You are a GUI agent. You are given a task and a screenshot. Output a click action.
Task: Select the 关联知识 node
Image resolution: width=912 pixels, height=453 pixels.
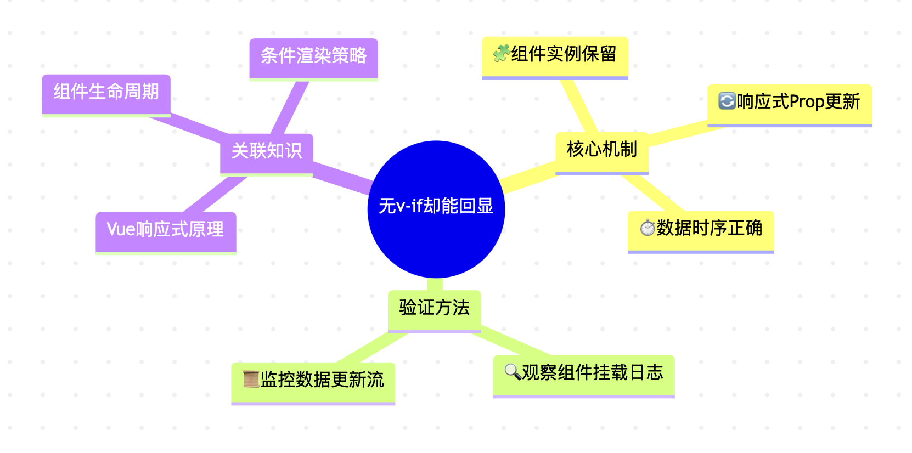267,151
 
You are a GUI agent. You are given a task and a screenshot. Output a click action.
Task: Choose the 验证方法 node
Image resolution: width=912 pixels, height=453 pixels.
434,308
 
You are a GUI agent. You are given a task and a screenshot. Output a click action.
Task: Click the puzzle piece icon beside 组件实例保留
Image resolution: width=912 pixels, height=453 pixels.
501,54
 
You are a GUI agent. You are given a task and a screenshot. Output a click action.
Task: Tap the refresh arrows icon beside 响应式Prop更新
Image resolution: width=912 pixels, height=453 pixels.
727,101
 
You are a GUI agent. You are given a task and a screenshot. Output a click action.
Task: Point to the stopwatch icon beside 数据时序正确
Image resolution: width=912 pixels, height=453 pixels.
648,228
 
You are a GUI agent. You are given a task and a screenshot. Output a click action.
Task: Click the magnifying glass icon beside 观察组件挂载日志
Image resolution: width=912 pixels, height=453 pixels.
513,372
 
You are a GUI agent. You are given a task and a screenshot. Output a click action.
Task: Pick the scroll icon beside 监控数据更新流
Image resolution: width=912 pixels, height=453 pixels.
251,379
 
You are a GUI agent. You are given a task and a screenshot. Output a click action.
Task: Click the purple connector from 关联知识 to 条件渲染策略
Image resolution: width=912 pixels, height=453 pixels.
291,107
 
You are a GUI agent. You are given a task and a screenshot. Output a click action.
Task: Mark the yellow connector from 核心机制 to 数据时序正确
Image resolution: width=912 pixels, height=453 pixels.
653,192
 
